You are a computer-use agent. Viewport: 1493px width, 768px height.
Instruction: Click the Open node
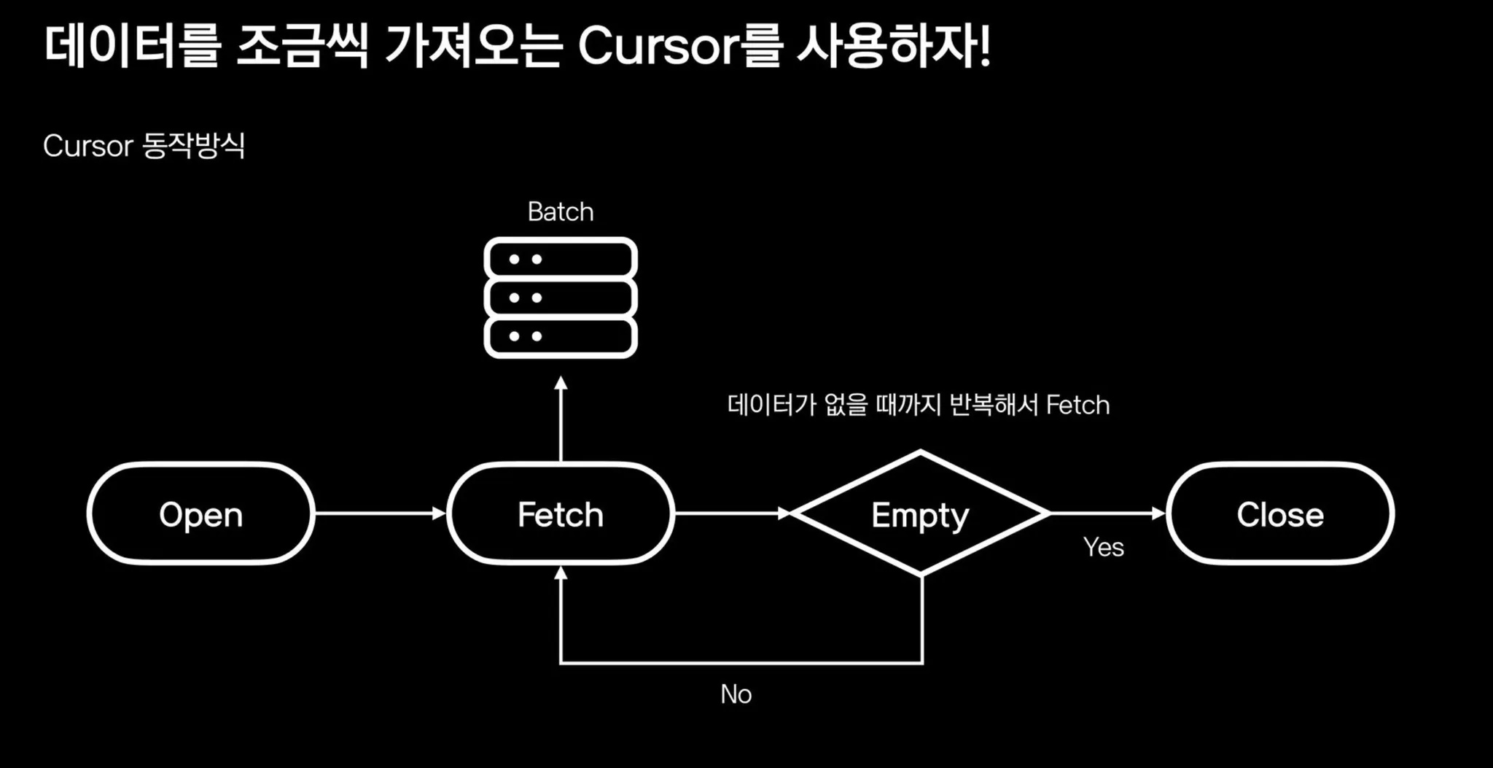(x=200, y=514)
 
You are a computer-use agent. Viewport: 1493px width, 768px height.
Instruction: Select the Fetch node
(x=560, y=514)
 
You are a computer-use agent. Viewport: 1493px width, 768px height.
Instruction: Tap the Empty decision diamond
(x=920, y=514)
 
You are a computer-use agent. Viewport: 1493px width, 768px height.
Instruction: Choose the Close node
(x=1279, y=514)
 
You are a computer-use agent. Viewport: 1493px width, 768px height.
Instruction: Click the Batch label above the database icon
(x=560, y=212)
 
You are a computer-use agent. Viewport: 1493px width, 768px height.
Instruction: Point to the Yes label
(x=1103, y=547)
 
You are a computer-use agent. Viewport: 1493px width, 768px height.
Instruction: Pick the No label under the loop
(x=736, y=694)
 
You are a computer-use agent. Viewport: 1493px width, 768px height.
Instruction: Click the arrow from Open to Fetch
(x=379, y=513)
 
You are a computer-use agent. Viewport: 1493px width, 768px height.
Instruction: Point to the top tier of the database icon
(x=560, y=259)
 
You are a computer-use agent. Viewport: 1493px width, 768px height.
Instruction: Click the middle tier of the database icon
(x=560, y=298)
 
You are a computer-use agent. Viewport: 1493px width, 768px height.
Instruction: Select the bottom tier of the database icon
(x=560, y=336)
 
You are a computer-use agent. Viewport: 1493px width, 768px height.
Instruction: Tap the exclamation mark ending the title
(x=985, y=47)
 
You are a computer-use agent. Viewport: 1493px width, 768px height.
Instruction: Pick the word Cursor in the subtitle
(x=87, y=146)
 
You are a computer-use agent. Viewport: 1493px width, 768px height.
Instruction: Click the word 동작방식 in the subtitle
(x=193, y=146)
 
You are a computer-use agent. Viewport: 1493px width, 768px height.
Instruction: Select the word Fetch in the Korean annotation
(x=1077, y=405)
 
